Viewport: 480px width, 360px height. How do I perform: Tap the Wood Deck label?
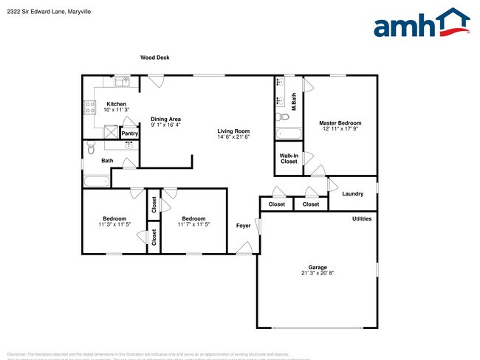[x=155, y=58]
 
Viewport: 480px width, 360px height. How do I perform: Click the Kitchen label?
[x=117, y=104]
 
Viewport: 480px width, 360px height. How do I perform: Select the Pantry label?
[x=129, y=134]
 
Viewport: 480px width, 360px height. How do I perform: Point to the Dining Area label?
[x=165, y=119]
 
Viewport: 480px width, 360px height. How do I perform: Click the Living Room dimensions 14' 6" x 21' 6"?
[x=233, y=137]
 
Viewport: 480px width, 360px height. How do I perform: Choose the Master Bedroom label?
[x=339, y=122]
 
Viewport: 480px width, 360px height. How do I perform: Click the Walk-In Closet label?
[x=289, y=159]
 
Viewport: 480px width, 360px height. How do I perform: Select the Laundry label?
[x=353, y=194]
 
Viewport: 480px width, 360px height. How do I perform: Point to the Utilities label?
[x=362, y=218]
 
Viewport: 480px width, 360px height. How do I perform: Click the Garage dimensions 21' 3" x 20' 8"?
[x=317, y=273]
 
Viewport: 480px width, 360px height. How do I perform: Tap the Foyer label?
[x=243, y=225]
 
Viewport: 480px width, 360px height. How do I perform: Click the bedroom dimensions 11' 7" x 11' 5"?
[x=193, y=224]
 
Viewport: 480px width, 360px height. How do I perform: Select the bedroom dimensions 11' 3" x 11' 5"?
[x=114, y=224]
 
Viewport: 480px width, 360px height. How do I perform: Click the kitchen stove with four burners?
[x=90, y=108]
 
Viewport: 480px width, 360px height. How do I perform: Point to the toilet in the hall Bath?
[x=90, y=149]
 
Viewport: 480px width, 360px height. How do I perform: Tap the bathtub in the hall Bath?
[x=96, y=181]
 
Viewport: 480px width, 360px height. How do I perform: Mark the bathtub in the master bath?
[x=289, y=134]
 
